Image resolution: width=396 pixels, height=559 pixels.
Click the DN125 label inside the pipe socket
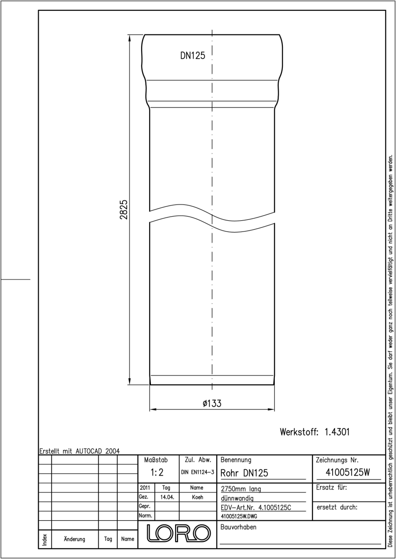192,55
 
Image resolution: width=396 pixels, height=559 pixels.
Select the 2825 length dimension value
124,210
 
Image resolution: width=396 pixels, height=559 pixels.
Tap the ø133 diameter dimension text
212,403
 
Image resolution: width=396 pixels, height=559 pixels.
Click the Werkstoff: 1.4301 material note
314,432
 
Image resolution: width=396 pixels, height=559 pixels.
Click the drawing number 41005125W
348,472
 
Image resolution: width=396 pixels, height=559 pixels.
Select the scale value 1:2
157,472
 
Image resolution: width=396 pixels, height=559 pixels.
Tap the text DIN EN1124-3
198,472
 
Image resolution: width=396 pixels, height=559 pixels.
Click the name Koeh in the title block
198,497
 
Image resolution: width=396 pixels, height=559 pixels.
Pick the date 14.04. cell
167,497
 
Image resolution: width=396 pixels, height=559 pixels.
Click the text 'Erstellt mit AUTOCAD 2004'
80,451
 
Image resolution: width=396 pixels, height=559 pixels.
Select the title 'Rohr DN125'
244,473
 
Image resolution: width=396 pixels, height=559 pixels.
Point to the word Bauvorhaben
238,527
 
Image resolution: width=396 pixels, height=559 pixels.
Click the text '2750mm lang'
241,489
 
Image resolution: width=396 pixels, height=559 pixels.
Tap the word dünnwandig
237,498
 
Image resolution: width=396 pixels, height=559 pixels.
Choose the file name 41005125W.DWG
239,516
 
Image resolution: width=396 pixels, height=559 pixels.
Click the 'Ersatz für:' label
331,487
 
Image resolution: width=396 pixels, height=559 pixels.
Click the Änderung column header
75,539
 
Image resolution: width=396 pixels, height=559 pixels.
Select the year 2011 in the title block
145,487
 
